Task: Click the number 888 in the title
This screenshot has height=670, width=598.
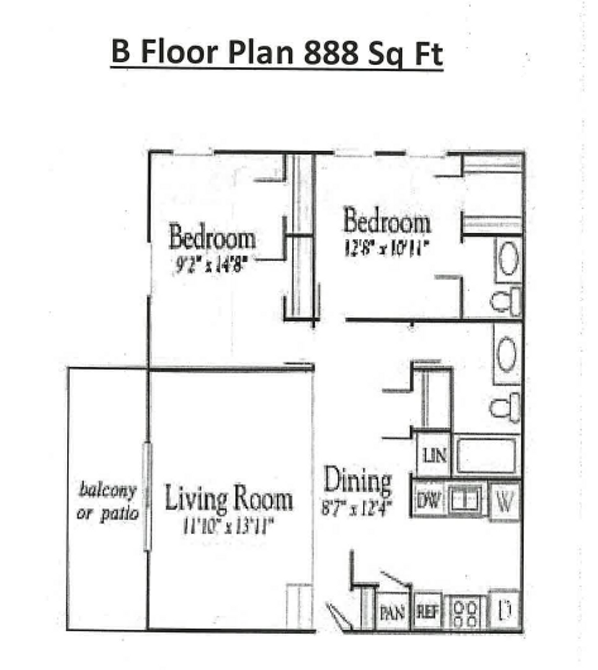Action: coord(331,51)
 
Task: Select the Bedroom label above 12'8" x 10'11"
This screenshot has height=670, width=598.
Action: coord(386,222)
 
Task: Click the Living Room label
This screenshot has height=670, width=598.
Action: coord(228,499)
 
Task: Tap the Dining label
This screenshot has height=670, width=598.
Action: coord(359,481)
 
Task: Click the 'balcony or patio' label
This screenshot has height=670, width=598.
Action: coord(107,502)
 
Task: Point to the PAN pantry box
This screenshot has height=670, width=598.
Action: coord(392,613)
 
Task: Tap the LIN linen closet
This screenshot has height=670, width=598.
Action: coord(434,455)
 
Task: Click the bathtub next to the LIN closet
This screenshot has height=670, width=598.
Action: coord(486,455)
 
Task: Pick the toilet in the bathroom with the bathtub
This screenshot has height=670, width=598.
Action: coord(504,407)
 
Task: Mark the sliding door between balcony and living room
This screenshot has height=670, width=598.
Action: coord(148,496)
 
